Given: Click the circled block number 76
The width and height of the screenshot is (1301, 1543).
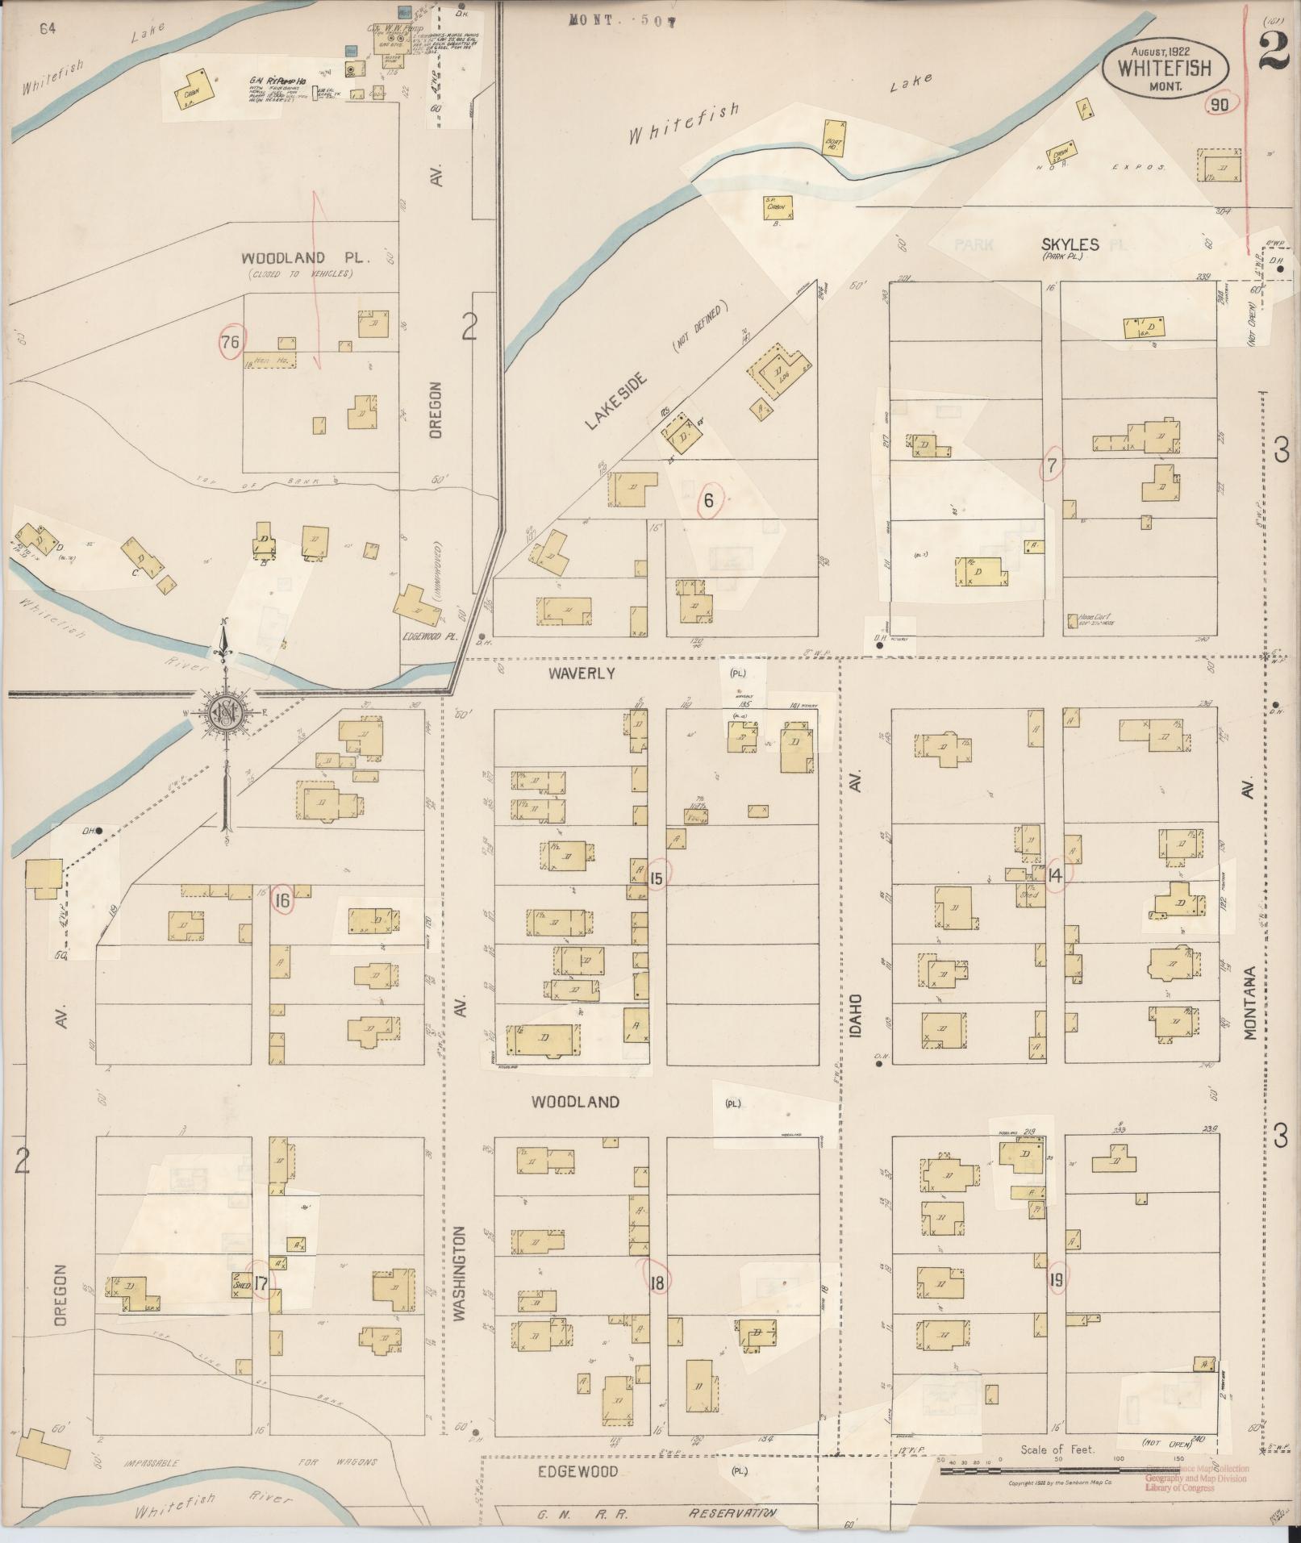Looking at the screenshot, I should pyautogui.click(x=230, y=343).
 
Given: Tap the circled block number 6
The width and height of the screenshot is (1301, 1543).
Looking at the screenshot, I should pyautogui.click(x=709, y=501).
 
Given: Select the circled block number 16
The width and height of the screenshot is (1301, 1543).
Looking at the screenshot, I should pyautogui.click(x=281, y=901).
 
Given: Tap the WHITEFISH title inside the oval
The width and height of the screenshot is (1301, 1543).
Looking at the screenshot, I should pyautogui.click(x=1164, y=68).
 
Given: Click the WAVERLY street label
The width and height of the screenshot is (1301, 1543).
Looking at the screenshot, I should pyautogui.click(x=582, y=673).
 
